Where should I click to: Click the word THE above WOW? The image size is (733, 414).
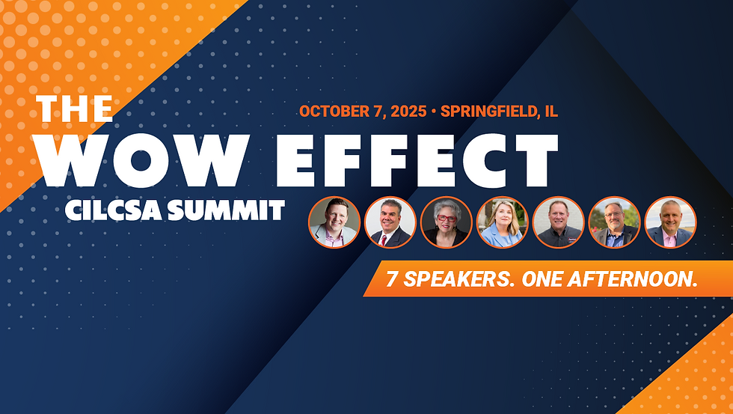pyautogui.click(x=76, y=108)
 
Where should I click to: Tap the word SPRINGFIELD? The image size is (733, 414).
pyautogui.click(x=487, y=112)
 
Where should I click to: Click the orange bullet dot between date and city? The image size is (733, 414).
pyautogui.click(x=433, y=112)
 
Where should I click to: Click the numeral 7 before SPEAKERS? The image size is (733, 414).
pyautogui.click(x=391, y=280)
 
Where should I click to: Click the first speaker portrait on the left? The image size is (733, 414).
pyautogui.click(x=334, y=222)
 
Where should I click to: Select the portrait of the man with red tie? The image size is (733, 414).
pyautogui.click(x=390, y=222)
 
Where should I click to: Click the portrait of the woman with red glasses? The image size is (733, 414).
pyautogui.click(x=446, y=222)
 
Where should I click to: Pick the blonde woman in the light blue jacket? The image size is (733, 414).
pyautogui.click(x=502, y=222)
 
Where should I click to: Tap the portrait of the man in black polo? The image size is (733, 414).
pyautogui.click(x=558, y=222)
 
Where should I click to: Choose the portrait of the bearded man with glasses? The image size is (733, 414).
pyautogui.click(x=614, y=222)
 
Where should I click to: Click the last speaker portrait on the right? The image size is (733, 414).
pyautogui.click(x=670, y=222)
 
